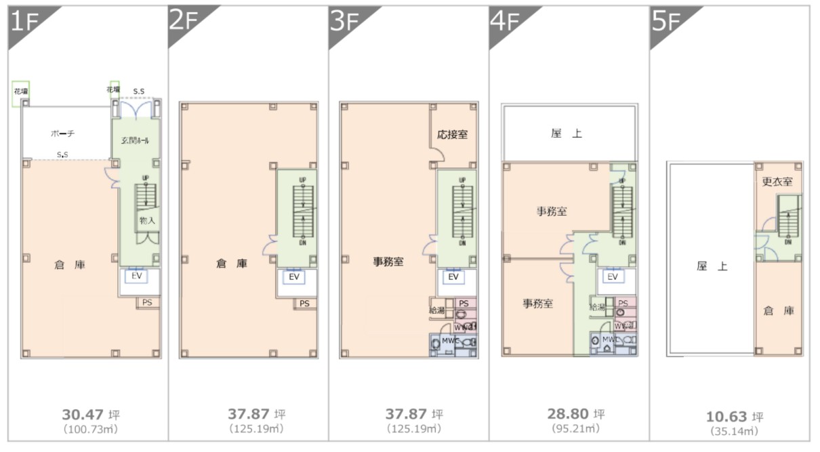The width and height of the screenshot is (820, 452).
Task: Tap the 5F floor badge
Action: click(666, 22)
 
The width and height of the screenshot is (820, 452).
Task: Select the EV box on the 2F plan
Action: click(294, 276)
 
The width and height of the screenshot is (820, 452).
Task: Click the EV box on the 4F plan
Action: click(613, 276)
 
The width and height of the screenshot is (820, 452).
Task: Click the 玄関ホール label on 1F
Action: click(136, 141)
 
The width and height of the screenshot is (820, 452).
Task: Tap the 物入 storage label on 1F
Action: click(147, 221)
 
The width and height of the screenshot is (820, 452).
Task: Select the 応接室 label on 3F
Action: click(452, 134)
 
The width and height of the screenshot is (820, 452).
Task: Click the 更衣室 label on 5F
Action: click(777, 182)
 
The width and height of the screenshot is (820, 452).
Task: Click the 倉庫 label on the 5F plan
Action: click(778, 310)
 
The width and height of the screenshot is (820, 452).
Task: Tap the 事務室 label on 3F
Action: click(388, 262)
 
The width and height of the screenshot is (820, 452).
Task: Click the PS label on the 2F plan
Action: click(305, 303)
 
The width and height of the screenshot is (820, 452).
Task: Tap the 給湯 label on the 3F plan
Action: click(437, 310)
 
